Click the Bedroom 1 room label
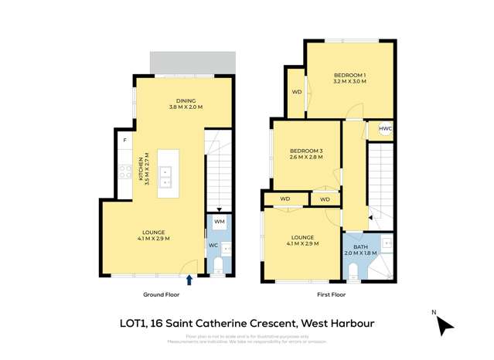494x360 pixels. click(349, 78)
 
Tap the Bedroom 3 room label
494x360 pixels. click(305, 153)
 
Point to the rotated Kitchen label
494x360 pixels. click(143, 168)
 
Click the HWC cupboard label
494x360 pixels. click(385, 129)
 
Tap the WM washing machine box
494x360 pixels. click(219, 222)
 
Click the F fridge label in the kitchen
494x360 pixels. click(124, 140)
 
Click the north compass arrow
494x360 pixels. click(445, 327)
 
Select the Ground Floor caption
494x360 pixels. click(161, 294)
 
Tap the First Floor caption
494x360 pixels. click(331, 294)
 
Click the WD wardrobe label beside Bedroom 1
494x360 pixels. click(296, 92)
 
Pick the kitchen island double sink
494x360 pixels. click(166, 177)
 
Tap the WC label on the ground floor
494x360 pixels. click(213, 246)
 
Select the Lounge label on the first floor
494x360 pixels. click(302, 240)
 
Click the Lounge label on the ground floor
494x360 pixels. click(154, 235)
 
